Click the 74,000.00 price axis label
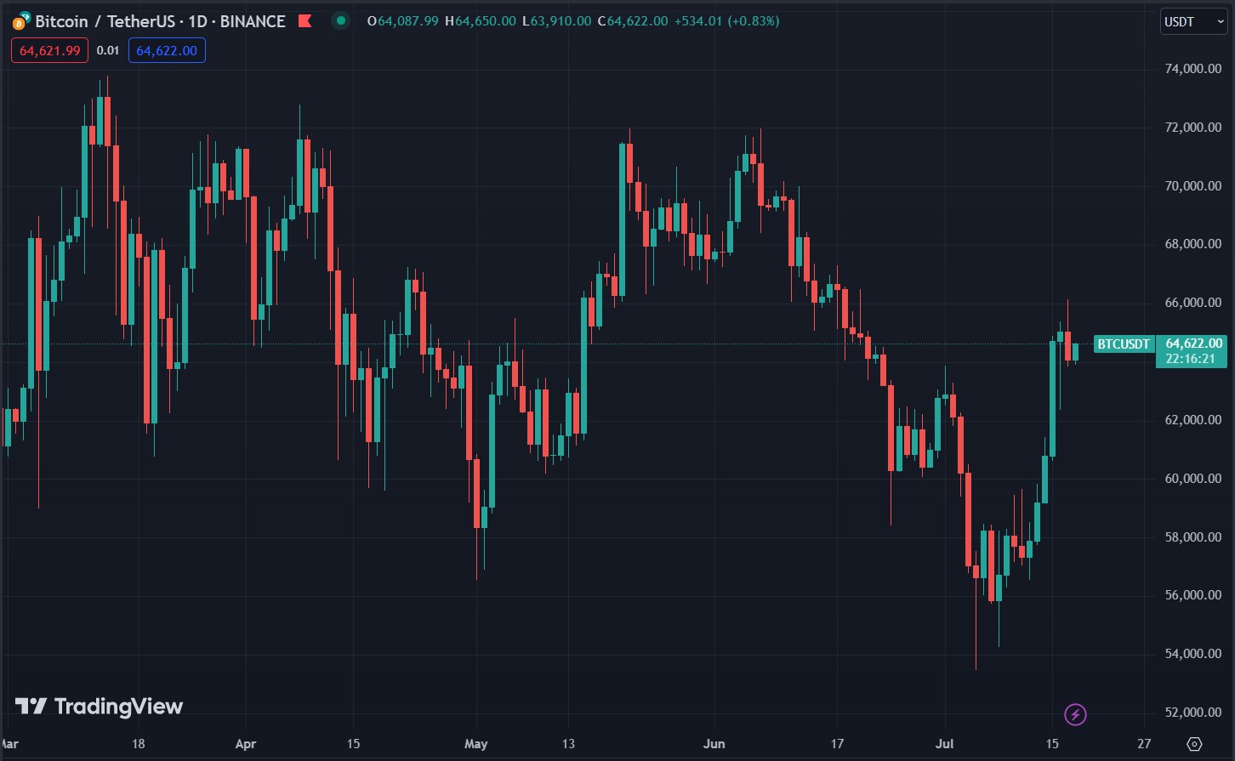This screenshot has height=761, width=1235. pyautogui.click(x=1193, y=69)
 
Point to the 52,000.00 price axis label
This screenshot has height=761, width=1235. pyautogui.click(x=1193, y=713)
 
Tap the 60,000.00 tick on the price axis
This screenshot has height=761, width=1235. pyautogui.click(x=1193, y=479)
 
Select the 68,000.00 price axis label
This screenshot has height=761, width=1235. pyautogui.click(x=1193, y=245)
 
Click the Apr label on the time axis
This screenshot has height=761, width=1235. pyautogui.click(x=245, y=744)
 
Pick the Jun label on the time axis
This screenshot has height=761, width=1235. pyautogui.click(x=714, y=744)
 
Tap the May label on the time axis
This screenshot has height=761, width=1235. pyautogui.click(x=476, y=744)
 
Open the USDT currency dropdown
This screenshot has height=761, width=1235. pyautogui.click(x=1193, y=21)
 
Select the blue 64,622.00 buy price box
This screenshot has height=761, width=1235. pyautogui.click(x=167, y=51)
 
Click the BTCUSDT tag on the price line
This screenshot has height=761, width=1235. pyautogui.click(x=1124, y=344)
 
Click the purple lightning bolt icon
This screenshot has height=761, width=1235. pyautogui.click(x=1076, y=714)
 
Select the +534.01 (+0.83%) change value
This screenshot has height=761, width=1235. pyautogui.click(x=726, y=21)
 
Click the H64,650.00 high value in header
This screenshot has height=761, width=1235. pyautogui.click(x=485, y=21)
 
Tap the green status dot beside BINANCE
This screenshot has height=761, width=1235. pyautogui.click(x=340, y=21)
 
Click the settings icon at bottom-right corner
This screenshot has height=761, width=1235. pyautogui.click(x=1194, y=744)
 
